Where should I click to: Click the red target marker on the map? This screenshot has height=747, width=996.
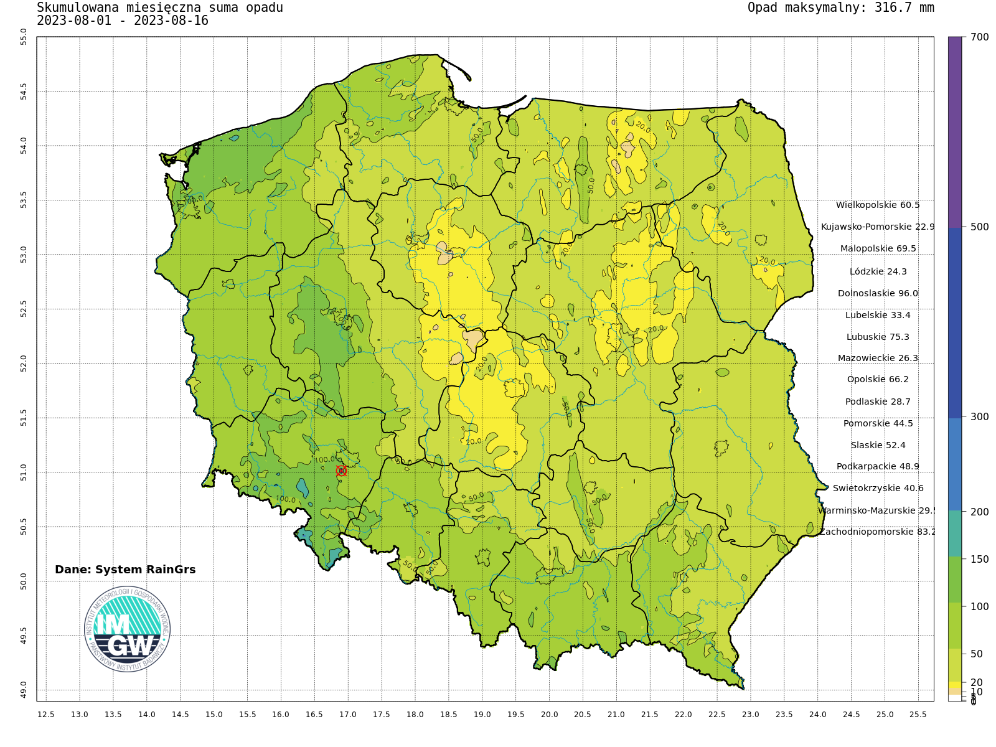point(341,471)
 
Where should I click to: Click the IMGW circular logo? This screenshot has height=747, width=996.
point(127,629)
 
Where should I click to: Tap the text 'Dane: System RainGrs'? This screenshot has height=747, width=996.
point(125,570)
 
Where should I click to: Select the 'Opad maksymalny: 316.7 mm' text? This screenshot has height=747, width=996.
point(840,7)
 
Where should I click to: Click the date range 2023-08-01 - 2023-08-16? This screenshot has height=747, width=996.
point(123,21)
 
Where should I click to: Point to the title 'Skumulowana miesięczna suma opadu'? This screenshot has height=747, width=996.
point(160,7)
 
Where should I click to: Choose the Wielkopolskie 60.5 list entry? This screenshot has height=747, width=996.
point(878,205)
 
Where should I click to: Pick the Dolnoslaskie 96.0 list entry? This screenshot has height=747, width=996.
point(878,293)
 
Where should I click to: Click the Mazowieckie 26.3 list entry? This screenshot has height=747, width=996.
point(878,358)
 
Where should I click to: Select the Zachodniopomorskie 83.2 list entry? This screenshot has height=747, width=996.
point(878,532)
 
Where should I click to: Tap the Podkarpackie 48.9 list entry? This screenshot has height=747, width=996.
point(878,466)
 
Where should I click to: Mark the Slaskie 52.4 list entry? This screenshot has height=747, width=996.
point(878,445)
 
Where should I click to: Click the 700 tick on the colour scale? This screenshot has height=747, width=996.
point(979,37)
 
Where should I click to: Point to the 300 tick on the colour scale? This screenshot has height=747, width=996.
point(979,416)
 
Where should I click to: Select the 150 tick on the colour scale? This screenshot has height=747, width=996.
point(979,559)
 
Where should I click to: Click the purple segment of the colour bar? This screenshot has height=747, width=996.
point(955,131)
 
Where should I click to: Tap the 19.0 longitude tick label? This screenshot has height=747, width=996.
point(482,714)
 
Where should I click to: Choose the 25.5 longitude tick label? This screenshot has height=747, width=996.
point(918,714)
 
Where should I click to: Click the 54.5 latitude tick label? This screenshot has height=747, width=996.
point(24,92)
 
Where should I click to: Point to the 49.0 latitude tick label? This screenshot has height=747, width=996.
point(24,690)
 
